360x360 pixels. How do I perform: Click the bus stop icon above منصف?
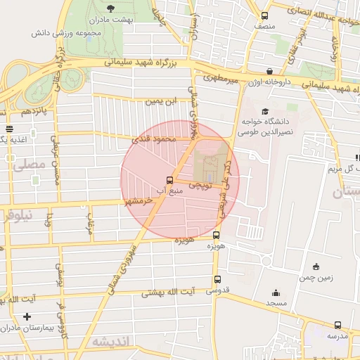(264, 15)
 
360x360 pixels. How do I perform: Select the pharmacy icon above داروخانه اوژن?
(270, 72)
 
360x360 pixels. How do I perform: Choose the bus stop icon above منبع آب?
(169, 179)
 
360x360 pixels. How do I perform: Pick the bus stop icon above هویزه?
(216, 236)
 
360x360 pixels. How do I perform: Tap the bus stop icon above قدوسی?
(217, 279)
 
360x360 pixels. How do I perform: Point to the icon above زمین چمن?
(316, 266)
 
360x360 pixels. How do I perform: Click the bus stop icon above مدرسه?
(337, 325)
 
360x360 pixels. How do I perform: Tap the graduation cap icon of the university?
(265, 112)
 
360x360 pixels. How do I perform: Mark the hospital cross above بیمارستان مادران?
(27, 316)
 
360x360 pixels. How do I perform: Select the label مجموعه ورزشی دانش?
(67, 33)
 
